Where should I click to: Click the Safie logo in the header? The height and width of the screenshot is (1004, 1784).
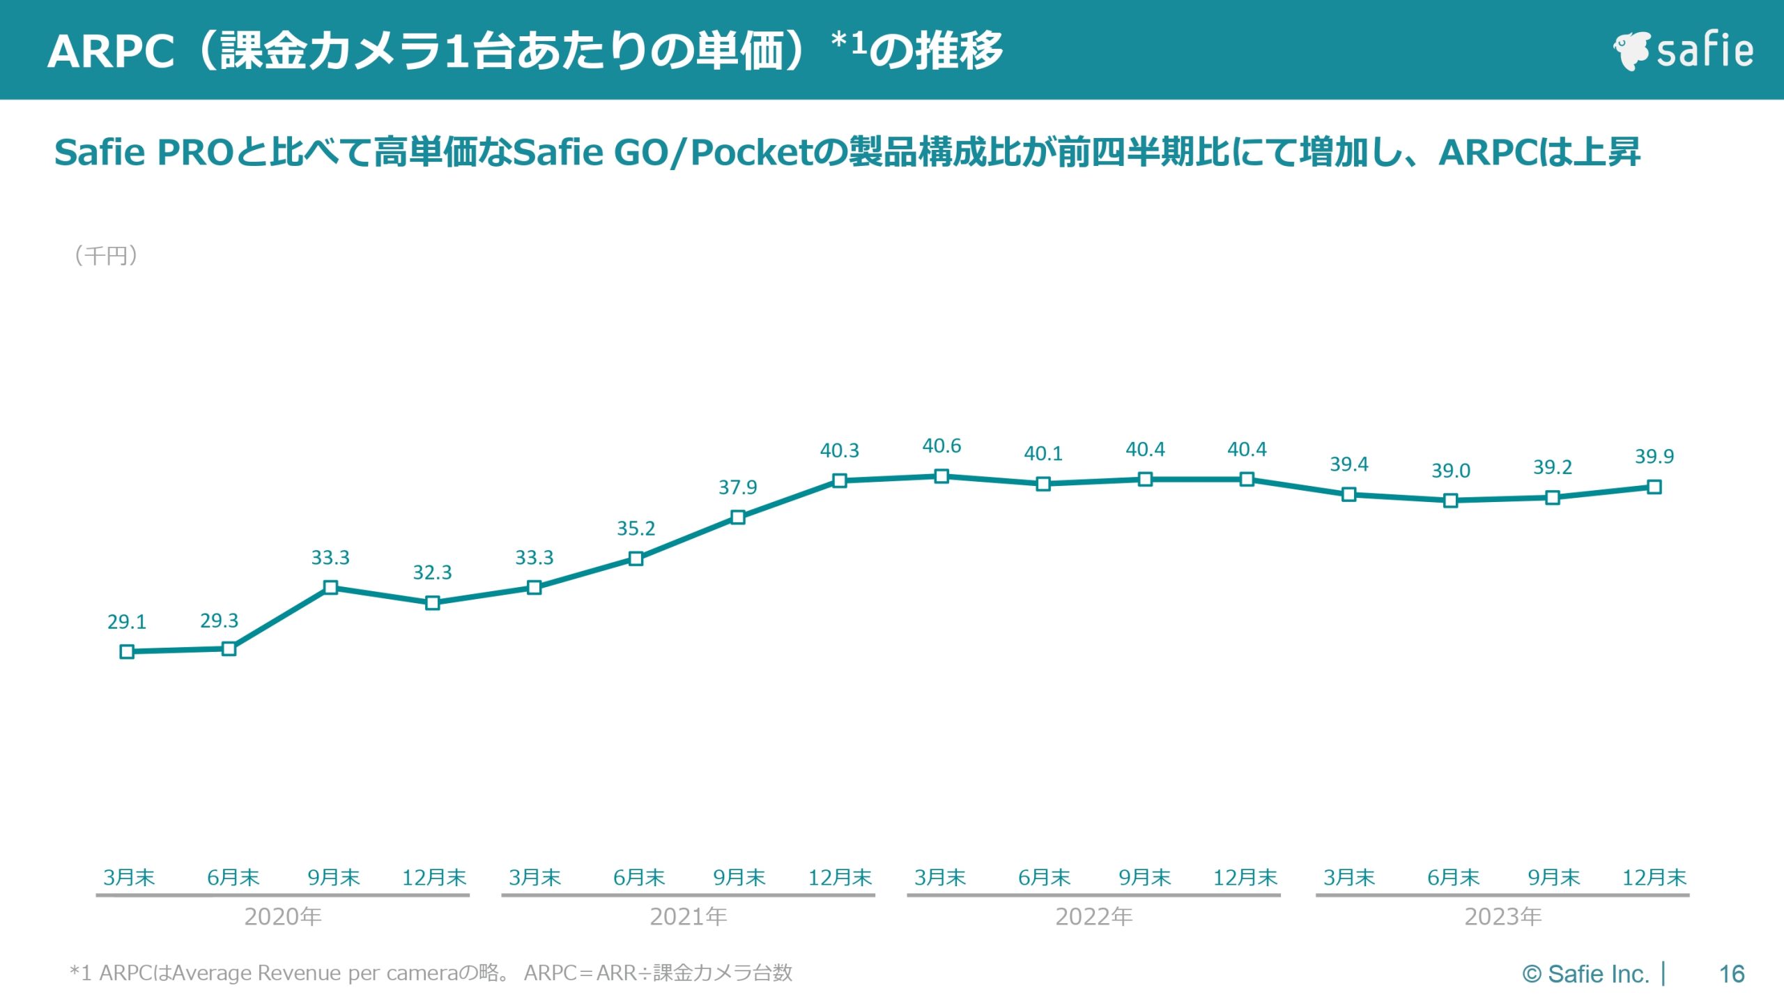1682,51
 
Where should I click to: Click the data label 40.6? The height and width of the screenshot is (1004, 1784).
941,446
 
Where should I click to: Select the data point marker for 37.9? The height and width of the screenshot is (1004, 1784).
738,517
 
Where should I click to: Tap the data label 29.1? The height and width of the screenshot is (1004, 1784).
127,622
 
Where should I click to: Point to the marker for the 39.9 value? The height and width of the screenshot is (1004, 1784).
1654,487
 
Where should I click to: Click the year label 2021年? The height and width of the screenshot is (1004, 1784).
689,917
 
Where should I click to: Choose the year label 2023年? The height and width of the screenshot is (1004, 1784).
1503,917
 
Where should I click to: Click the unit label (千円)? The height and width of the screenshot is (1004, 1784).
106,256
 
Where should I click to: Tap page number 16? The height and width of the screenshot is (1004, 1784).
1732,974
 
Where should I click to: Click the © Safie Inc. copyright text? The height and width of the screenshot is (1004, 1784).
1585,974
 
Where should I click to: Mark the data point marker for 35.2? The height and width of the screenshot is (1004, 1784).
636,558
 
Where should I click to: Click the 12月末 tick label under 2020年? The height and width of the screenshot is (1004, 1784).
434,878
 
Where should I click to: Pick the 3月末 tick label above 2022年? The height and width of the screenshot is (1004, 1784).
940,878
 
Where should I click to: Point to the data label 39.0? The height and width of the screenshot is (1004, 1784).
1451,471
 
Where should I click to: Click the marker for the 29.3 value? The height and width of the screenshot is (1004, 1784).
229,649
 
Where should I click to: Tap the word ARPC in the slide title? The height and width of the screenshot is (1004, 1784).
111,52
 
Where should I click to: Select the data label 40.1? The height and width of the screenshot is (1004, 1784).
1043,454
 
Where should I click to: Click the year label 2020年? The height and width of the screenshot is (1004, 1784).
283,917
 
